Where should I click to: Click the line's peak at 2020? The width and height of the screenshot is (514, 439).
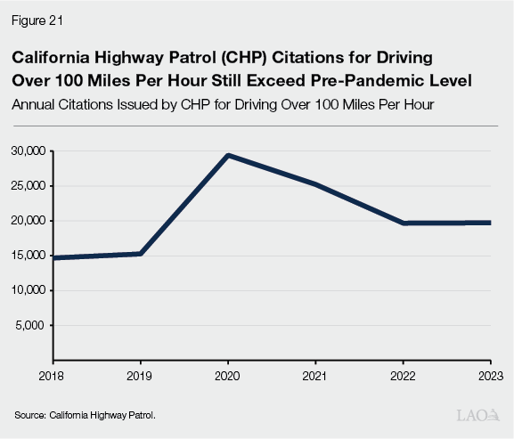point(228,156)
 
